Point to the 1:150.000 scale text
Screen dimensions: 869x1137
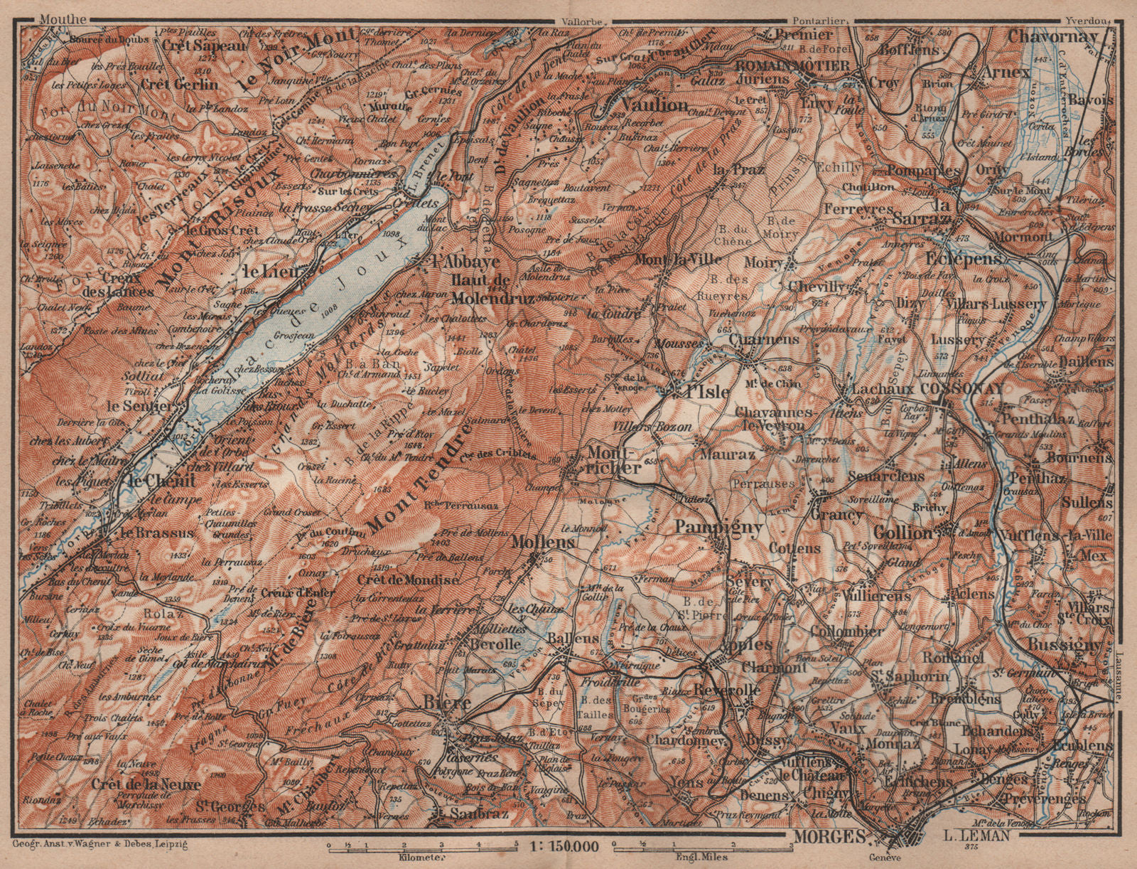pyautogui.click(x=565, y=846)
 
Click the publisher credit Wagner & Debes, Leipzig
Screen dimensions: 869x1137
pyautogui.click(x=99, y=844)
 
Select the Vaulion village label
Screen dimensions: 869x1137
pyautogui.click(x=654, y=105)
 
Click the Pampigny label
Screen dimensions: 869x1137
pyautogui.click(x=718, y=527)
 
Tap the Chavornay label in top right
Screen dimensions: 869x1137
pyautogui.click(x=1053, y=36)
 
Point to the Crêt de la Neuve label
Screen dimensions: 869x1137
pyautogui.click(x=146, y=784)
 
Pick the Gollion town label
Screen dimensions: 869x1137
pyautogui.click(x=902, y=533)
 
